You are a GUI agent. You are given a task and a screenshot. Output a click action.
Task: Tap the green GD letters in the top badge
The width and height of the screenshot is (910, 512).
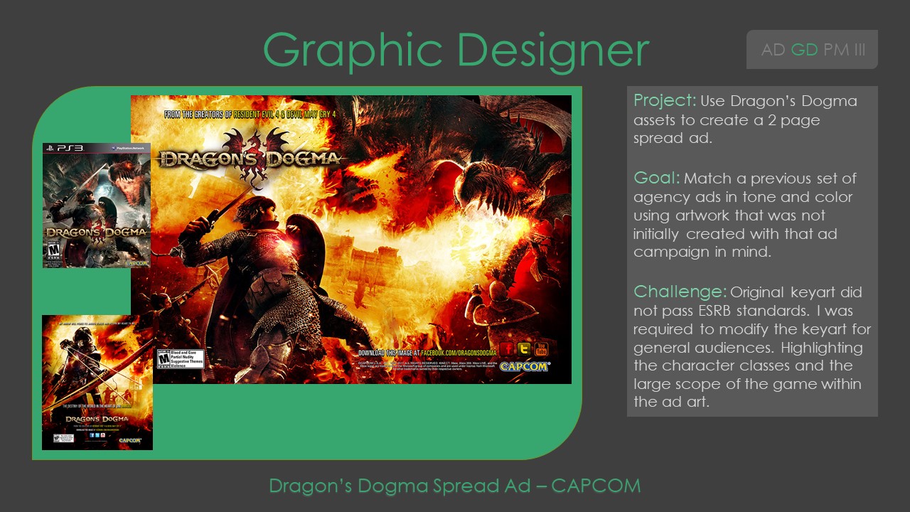(804, 50)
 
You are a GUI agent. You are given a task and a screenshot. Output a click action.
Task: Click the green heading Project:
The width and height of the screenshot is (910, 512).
(664, 101)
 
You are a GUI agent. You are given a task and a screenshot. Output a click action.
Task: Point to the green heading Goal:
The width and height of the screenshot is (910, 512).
(655, 178)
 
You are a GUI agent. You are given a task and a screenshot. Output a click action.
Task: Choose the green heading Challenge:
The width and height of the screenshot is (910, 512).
(680, 292)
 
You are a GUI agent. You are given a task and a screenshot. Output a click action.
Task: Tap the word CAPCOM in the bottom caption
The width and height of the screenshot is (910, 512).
(596, 486)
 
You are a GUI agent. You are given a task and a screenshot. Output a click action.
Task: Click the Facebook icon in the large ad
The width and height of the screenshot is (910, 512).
(507, 349)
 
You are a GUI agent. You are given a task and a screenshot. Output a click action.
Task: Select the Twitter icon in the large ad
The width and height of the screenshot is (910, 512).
(524, 349)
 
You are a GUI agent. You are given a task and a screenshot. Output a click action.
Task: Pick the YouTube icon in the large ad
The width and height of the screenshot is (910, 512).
(541, 349)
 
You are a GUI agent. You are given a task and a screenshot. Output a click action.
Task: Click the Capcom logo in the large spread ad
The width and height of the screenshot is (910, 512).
(524, 367)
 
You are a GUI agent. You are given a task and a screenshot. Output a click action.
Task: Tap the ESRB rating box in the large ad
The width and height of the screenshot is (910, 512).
(180, 358)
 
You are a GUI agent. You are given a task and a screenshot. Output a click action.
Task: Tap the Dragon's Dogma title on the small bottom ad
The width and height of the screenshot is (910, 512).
(97, 420)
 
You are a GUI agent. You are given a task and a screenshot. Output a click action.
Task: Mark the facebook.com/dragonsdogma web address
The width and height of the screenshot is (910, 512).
(426, 353)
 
